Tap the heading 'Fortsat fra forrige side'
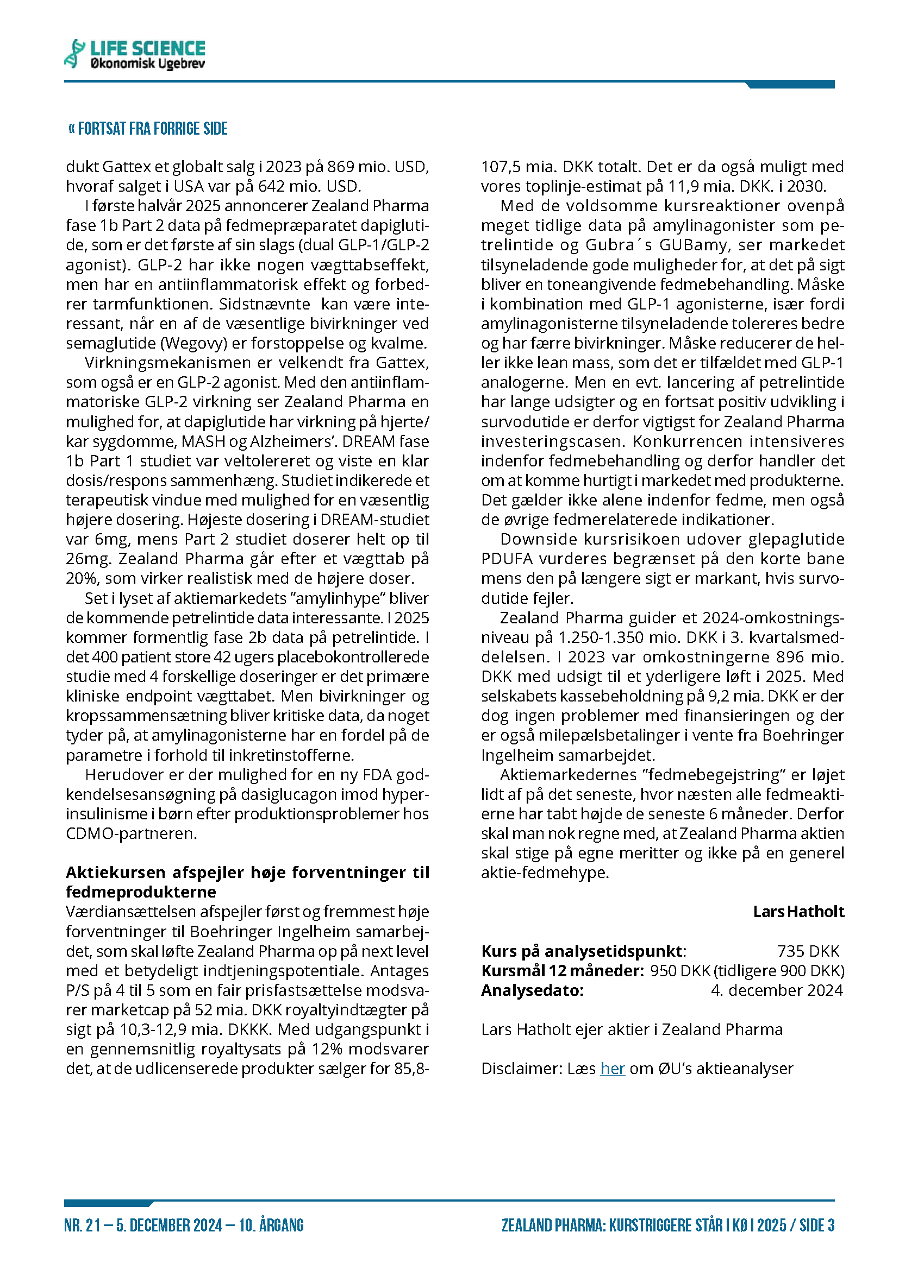(148, 129)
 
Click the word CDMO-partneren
(131, 833)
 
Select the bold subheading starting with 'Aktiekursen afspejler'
(247, 882)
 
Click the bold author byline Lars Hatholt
(798, 912)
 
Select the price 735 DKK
(808, 951)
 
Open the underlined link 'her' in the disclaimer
(612, 1068)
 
